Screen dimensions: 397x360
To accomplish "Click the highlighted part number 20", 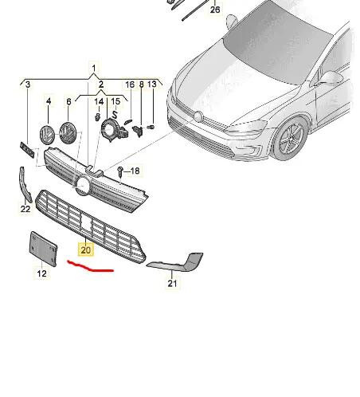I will tap(86, 250).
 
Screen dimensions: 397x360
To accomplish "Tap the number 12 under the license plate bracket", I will tap(41, 273).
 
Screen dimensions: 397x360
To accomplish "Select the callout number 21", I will tap(173, 283).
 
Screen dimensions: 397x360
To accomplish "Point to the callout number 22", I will tap(25, 210).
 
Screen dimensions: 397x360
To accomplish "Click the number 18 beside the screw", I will tap(135, 171).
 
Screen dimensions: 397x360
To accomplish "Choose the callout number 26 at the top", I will tap(215, 10).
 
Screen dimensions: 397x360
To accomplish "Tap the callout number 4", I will tap(48, 101).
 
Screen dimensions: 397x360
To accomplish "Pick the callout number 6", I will tap(69, 101).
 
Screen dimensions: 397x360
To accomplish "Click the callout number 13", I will tap(152, 85).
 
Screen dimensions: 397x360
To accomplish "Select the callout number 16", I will tap(129, 85).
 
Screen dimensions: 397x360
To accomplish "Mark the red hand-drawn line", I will tap(91, 267).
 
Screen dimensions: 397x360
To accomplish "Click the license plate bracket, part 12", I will tap(43, 249).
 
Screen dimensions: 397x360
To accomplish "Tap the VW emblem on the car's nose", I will tap(198, 116).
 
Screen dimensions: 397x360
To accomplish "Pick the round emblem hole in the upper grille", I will tap(82, 185).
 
